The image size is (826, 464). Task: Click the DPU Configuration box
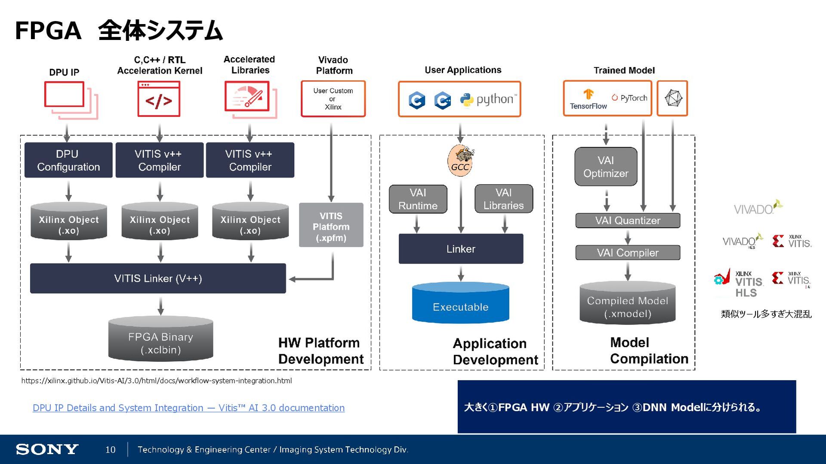pos(68,160)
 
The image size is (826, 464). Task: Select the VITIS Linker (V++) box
pos(158,279)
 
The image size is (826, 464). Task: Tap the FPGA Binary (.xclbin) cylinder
pos(160,340)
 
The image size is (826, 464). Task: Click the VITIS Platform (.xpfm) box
pos(331,225)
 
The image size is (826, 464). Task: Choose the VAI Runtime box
pos(418,199)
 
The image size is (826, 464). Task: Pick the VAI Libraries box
pos(503,199)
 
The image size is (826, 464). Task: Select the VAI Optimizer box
pos(606,167)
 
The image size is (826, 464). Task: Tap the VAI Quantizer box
pos(628,221)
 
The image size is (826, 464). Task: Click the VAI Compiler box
pos(628,253)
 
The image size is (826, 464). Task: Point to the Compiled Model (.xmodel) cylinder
pos(627,304)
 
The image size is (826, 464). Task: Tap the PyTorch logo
pos(629,98)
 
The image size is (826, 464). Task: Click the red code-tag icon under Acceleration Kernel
pos(159,99)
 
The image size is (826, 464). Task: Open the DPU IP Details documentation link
pos(188,408)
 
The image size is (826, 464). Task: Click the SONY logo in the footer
pos(47,449)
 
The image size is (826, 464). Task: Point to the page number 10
pos(110,450)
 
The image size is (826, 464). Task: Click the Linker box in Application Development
pos(461,249)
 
